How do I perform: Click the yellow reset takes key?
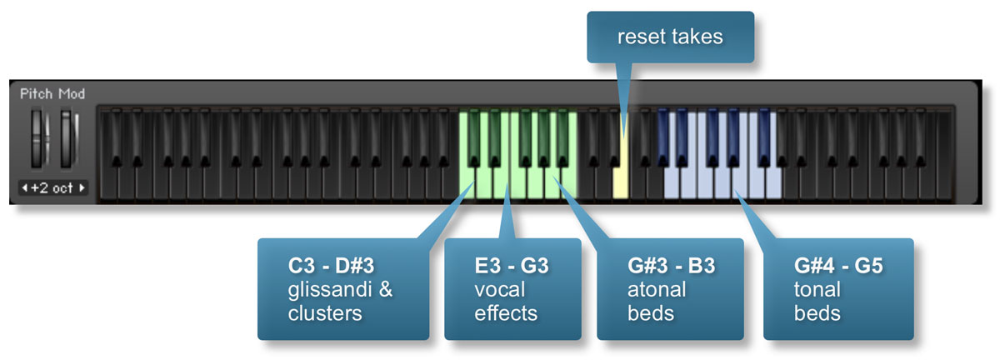click(x=621, y=178)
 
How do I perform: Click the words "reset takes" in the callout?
click(x=670, y=37)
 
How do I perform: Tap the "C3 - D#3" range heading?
click(x=331, y=266)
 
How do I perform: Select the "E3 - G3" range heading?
click(x=512, y=266)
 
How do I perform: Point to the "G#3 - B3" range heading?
click(x=672, y=266)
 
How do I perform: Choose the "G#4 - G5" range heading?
click(x=838, y=266)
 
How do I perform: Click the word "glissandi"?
click(x=330, y=289)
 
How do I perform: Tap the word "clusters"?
click(x=325, y=313)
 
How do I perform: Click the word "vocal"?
click(x=499, y=289)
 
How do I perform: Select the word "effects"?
click(x=506, y=313)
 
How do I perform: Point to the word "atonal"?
click(x=657, y=289)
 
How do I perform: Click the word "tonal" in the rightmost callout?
click(x=817, y=289)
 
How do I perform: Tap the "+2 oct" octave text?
click(x=52, y=187)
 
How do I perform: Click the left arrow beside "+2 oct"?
click(x=24, y=187)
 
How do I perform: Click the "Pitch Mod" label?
click(x=52, y=94)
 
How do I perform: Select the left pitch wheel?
click(x=37, y=139)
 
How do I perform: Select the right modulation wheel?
click(x=66, y=139)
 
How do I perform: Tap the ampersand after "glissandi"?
click(x=385, y=289)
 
